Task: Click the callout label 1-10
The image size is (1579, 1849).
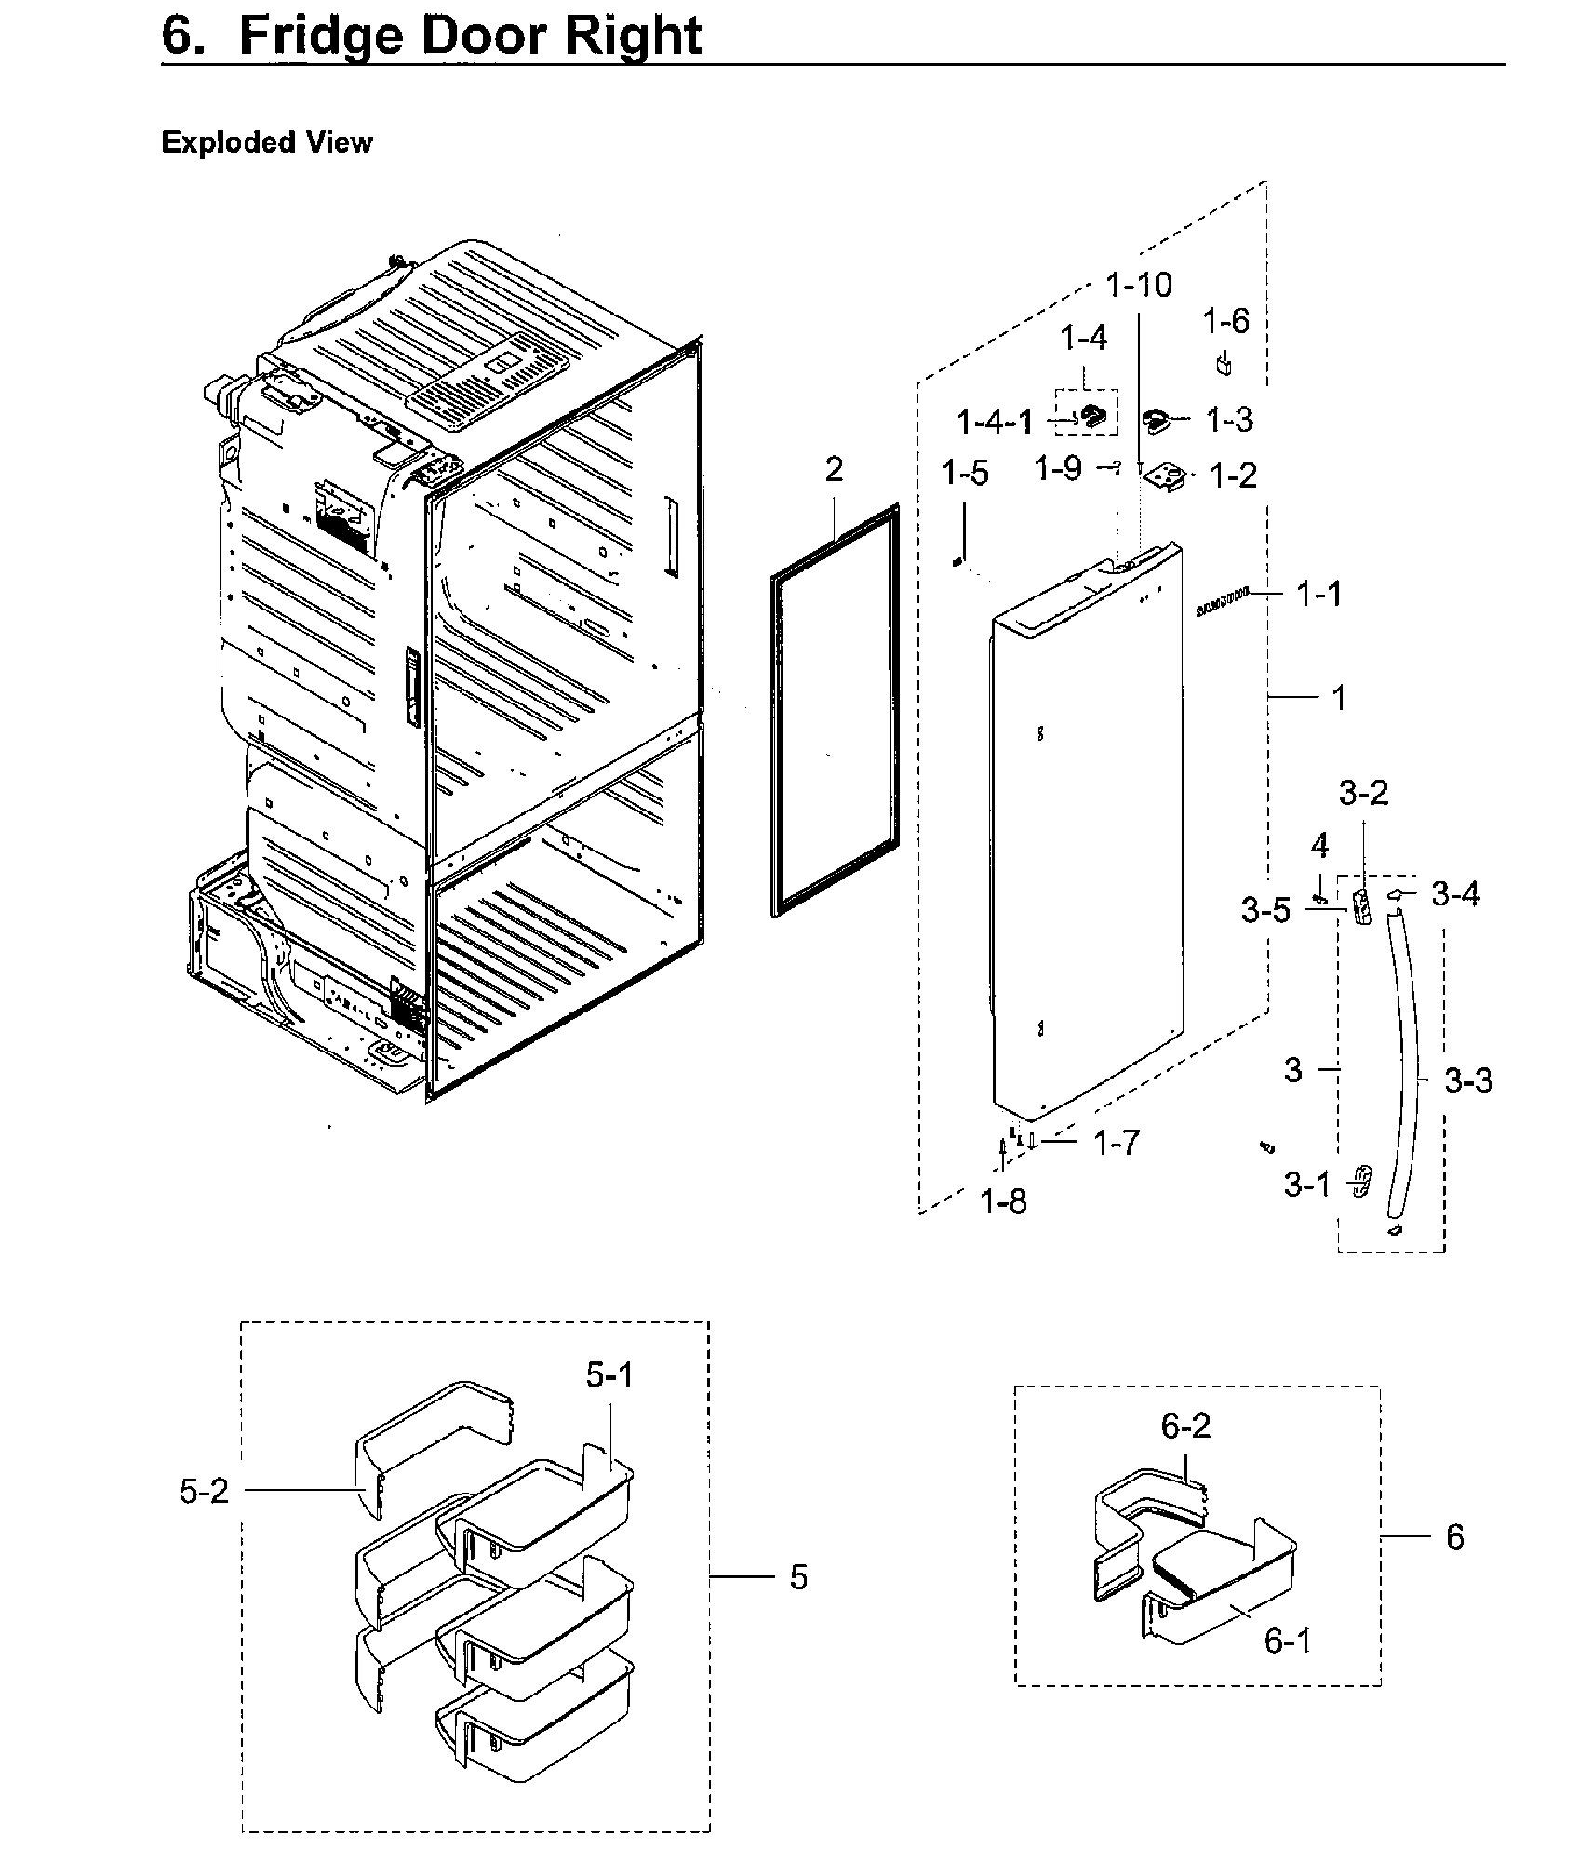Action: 1139,285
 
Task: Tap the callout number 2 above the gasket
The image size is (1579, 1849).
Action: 834,469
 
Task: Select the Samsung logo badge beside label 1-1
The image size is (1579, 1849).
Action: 1223,608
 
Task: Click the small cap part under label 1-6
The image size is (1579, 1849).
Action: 1224,364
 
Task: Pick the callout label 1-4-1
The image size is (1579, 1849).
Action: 996,422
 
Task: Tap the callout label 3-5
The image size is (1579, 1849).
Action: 1265,910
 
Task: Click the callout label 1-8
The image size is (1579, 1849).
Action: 1004,1201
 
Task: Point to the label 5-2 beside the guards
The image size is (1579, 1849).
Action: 204,1492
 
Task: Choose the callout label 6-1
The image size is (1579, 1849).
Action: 1288,1640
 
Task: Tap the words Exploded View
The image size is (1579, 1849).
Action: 266,142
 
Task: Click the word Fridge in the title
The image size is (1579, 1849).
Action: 330,35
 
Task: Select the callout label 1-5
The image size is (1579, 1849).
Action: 964,473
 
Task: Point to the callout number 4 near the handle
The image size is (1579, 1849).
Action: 1319,845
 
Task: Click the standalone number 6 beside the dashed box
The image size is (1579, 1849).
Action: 1455,1536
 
